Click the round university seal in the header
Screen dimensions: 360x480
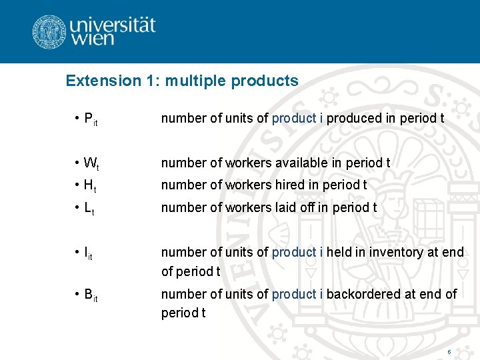click(x=49, y=31)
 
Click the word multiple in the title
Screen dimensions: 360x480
click(x=196, y=81)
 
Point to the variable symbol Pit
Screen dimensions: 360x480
click(x=90, y=119)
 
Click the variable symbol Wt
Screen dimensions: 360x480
click(x=90, y=163)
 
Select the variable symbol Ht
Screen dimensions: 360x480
click(x=89, y=185)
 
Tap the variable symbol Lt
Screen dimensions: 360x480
click(x=89, y=208)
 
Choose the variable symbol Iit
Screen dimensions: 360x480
click(x=87, y=253)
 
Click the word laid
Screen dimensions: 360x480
click(x=286, y=207)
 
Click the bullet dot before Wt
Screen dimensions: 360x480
click(x=77, y=163)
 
